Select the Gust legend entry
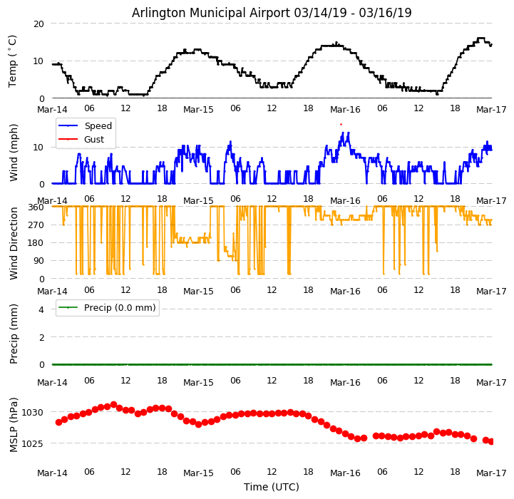pyautogui.click(x=95, y=139)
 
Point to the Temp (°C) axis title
pyautogui.click(x=13, y=61)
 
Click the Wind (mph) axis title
pyautogui.click(x=14, y=152)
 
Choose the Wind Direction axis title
pyautogui.click(x=14, y=242)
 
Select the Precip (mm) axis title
pyautogui.click(x=14, y=333)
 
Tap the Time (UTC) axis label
pyautogui.click(x=272, y=487)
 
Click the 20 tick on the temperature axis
pyautogui.click(x=38, y=24)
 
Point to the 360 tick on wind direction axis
pyautogui.click(x=36, y=207)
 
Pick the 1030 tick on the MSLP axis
pyautogui.click(x=33, y=412)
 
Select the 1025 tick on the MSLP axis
pyautogui.click(x=33, y=443)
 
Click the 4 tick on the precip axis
pyautogui.click(x=41, y=309)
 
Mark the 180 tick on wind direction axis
pyautogui.click(x=36, y=243)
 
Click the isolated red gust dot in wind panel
pyautogui.click(x=341, y=124)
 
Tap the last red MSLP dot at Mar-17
pyautogui.click(x=491, y=441)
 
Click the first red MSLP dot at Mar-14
pyautogui.click(x=58, y=422)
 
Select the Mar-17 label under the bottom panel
pyautogui.click(x=491, y=472)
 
